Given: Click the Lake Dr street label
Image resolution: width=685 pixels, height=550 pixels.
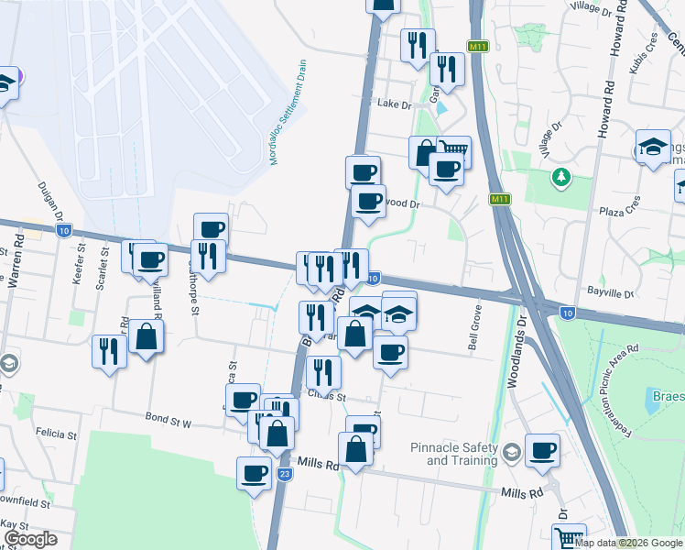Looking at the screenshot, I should [396, 104].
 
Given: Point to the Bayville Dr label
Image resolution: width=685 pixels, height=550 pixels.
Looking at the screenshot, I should [613, 293].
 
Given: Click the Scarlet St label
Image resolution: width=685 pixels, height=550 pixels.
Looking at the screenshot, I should [103, 259].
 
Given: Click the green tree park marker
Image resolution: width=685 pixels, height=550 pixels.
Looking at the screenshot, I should [560, 175].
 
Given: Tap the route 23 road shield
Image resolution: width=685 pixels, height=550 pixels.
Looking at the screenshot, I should [285, 474].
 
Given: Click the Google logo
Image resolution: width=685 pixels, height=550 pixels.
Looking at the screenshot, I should [30, 539].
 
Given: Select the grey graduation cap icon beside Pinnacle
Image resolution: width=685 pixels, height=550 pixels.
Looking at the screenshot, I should [511, 451].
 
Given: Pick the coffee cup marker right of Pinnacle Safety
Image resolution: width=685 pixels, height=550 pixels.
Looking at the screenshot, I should [542, 450].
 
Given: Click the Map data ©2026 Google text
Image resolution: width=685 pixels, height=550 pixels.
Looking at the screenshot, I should [628, 543].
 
